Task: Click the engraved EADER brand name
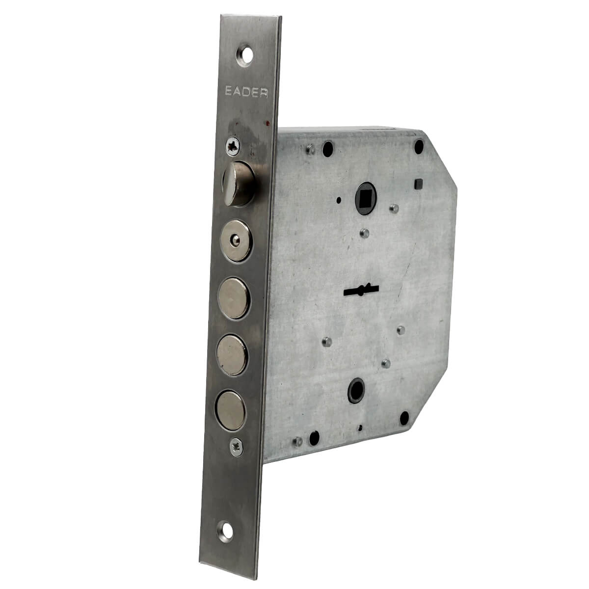coord(246,92)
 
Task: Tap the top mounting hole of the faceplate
coord(245,55)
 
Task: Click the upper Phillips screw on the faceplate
coord(233,147)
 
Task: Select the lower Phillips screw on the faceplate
coord(236,448)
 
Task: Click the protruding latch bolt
coord(239,184)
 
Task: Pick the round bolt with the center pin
coord(236,241)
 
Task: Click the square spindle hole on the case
coord(366,199)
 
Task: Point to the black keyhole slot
coord(361,290)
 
